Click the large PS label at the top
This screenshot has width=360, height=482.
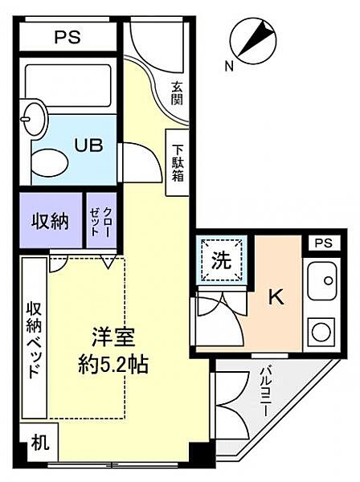(x=67, y=37)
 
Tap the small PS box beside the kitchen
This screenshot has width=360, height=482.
(x=324, y=243)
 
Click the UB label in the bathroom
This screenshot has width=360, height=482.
(x=89, y=145)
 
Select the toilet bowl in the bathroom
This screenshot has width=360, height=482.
(x=50, y=163)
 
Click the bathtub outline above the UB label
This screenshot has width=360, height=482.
(x=67, y=85)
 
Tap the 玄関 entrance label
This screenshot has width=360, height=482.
(x=177, y=93)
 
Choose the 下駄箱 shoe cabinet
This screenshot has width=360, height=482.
(x=177, y=162)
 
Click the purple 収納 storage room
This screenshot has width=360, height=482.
(x=51, y=220)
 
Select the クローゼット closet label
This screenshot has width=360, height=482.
(x=100, y=221)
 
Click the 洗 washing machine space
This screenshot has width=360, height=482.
(x=222, y=260)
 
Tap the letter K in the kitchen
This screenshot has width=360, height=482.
(x=276, y=297)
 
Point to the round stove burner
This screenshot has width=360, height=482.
(x=321, y=332)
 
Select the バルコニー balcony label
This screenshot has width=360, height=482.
(x=266, y=391)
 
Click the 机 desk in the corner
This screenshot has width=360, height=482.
(x=39, y=443)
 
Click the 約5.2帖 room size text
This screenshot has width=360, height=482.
(x=112, y=365)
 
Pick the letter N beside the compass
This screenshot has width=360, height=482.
(x=229, y=66)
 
